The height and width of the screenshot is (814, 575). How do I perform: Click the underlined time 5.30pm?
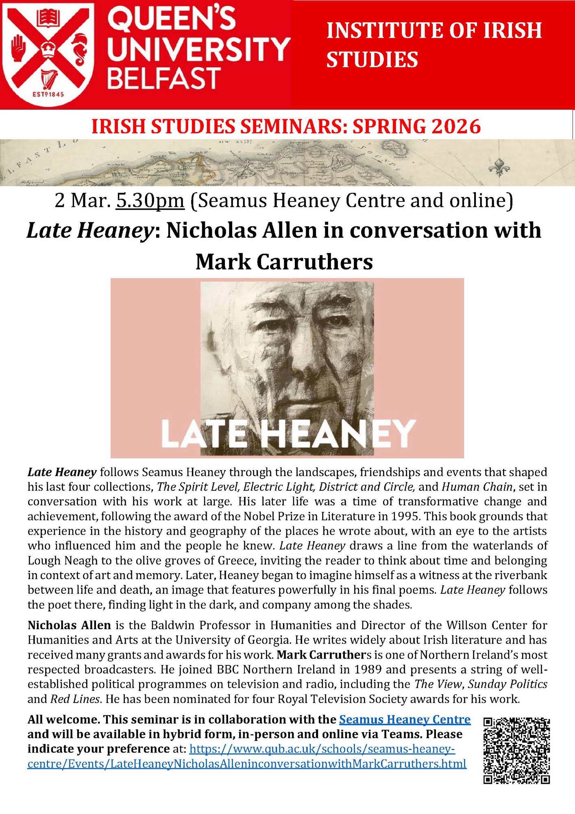pos(150,201)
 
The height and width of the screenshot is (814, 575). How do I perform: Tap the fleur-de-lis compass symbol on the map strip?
pos(498,166)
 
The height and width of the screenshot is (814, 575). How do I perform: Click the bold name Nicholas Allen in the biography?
pos(69,624)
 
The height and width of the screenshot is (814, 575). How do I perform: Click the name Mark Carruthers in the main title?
pos(284,262)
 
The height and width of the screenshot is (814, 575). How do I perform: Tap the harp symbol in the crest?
pos(48,78)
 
